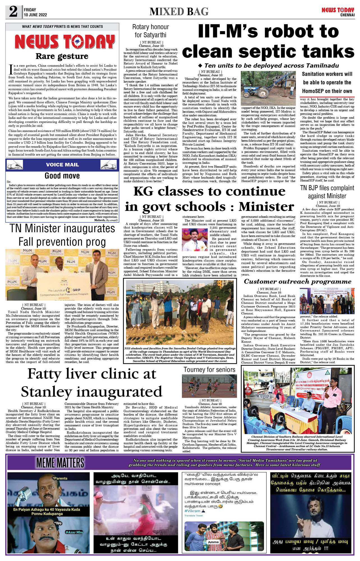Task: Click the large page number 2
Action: [13, 12]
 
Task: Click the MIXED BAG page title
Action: [179, 12]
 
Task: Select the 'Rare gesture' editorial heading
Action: [62, 56]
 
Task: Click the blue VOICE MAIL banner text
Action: [62, 165]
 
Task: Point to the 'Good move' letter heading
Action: [62, 176]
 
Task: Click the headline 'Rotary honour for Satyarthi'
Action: [150, 31]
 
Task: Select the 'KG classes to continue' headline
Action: [209, 192]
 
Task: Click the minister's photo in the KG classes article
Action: [195, 240]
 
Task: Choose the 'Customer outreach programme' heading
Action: [298, 282]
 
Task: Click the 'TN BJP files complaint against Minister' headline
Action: [327, 192]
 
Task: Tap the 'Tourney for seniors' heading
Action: [209, 370]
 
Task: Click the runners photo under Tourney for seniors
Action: [209, 386]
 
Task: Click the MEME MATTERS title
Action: [60, 463]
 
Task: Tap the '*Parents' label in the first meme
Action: [60, 478]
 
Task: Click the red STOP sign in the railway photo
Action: [248, 391]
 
